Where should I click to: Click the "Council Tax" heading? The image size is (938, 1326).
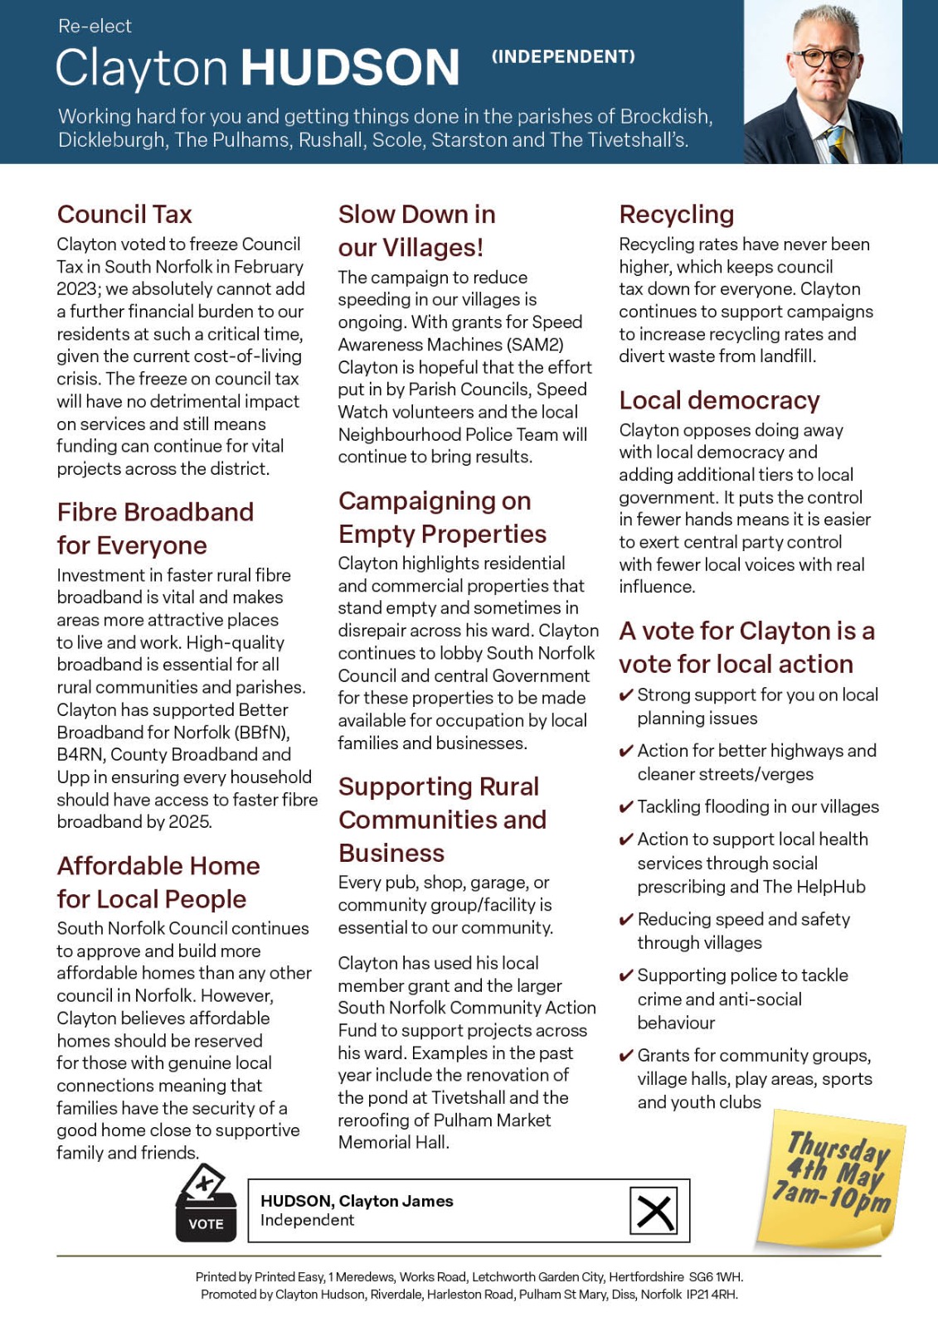pos(124,215)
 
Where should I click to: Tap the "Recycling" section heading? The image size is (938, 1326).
pos(676,215)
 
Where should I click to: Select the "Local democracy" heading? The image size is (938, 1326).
pos(719,400)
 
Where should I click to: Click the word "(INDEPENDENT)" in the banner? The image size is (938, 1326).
pos(563,56)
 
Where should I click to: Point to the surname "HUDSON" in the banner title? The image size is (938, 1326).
pos(350,68)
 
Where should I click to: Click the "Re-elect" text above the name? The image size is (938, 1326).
pos(95,27)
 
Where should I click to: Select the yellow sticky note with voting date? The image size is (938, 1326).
pos(831,1177)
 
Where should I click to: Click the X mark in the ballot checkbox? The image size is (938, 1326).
pos(654,1211)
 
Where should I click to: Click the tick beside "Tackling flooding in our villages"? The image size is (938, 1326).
pos(627,807)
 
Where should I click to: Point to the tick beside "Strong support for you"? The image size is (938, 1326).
pos(627,695)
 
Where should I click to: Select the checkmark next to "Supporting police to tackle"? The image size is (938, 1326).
pos(627,975)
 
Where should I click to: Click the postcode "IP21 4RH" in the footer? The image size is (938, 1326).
pos(712,1295)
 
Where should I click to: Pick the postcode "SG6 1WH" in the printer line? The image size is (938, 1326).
pos(716,1277)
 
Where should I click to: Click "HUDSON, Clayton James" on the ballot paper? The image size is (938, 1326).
pos(357,1201)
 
